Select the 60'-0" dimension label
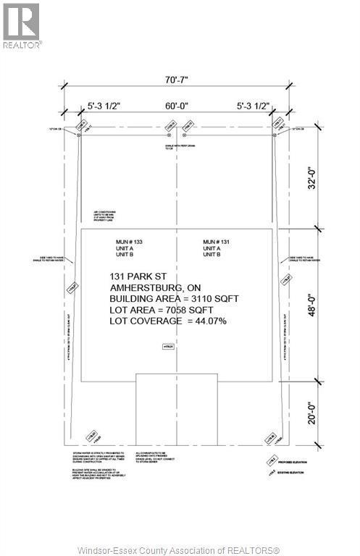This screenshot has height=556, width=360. tap(176, 106)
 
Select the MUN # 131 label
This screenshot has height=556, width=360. tap(217, 241)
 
